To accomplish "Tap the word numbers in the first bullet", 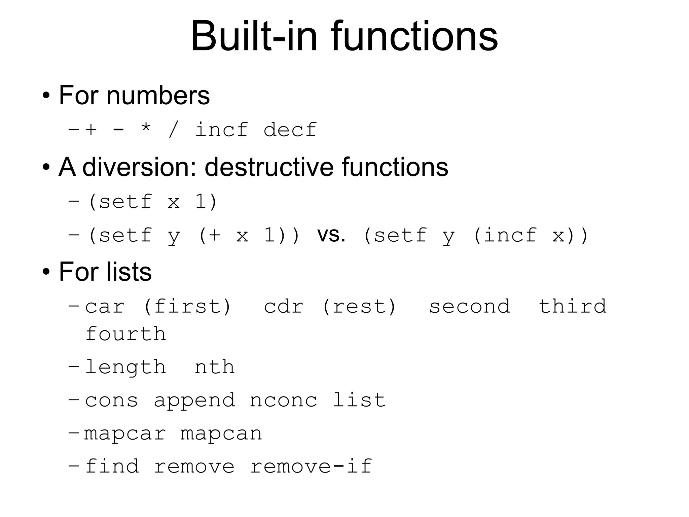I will [x=158, y=96].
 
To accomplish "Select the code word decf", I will [x=290, y=130].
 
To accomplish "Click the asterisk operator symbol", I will [x=146, y=129].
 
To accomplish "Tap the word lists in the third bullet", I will [x=129, y=272].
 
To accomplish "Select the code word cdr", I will [x=284, y=307].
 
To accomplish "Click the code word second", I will [x=469, y=307].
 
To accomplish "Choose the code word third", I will [x=573, y=307].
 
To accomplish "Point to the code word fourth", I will [x=125, y=334].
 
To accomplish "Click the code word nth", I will [x=214, y=367].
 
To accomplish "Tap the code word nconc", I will [x=283, y=401].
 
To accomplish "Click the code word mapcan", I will [x=221, y=434].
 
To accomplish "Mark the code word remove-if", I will [x=311, y=467].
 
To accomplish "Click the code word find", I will [x=112, y=467].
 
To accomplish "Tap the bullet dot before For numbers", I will [x=46, y=96].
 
